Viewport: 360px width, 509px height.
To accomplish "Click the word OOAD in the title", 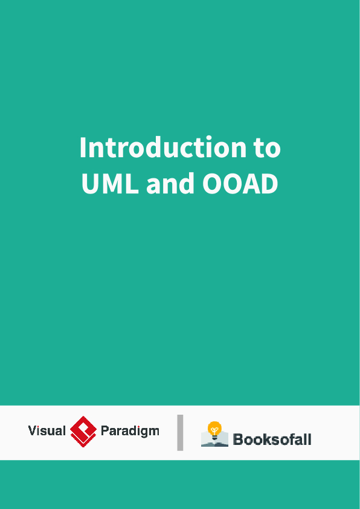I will pyautogui.click(x=240, y=184).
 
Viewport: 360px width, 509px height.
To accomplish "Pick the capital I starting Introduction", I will pyautogui.click(x=83, y=148).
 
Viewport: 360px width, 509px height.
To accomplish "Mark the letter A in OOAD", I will pyautogui.click(x=251, y=184).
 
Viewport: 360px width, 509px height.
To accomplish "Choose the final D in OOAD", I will pyautogui.click(x=269, y=184).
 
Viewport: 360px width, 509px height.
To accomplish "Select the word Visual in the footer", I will pyautogui.click(x=47, y=431).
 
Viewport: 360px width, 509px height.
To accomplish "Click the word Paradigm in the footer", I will pyautogui.click(x=130, y=432).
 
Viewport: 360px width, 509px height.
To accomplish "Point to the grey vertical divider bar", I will pyautogui.click(x=180, y=432).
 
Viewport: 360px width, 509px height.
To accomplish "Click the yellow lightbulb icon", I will pyautogui.click(x=214, y=428).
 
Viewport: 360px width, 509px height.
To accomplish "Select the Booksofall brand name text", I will pyautogui.click(x=272, y=439).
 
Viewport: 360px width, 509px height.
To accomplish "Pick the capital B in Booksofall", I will pyautogui.click(x=238, y=439).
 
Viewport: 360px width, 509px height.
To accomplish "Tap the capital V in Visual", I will pyautogui.click(x=33, y=431).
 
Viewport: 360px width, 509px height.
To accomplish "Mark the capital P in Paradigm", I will pyautogui.click(x=104, y=431).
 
